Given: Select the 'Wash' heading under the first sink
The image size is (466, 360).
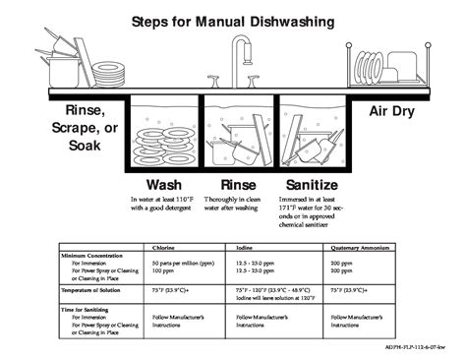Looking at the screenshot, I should [163, 185].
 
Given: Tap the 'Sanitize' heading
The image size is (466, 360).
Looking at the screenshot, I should [312, 185].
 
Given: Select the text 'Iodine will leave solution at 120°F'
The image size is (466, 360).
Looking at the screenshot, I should [274, 298].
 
